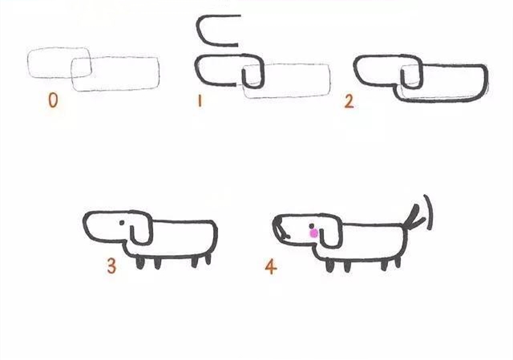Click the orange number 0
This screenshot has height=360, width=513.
click(x=52, y=101)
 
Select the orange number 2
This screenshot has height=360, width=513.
click(x=349, y=102)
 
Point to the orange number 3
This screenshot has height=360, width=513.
click(x=111, y=265)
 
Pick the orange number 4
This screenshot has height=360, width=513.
click(x=270, y=266)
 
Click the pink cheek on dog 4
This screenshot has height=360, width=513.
click(x=314, y=233)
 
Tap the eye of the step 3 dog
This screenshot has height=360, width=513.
click(x=123, y=221)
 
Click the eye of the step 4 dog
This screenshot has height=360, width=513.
click(x=310, y=225)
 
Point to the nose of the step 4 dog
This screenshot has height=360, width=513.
click(x=277, y=233)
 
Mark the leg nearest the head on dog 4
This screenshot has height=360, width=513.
click(x=329, y=265)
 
